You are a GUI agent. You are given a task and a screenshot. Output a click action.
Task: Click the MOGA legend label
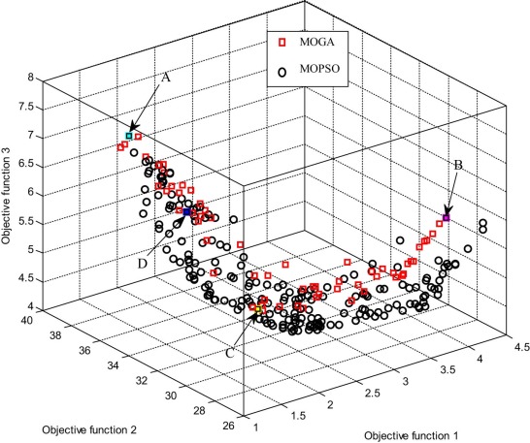click(313, 42)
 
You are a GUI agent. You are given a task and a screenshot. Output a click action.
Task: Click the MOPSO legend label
click(315, 70)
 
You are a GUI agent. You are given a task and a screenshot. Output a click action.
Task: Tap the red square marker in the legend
click(282, 42)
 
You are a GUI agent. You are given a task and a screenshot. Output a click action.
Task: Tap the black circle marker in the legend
click(282, 70)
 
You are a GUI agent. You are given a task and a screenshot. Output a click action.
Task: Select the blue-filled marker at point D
click(187, 210)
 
